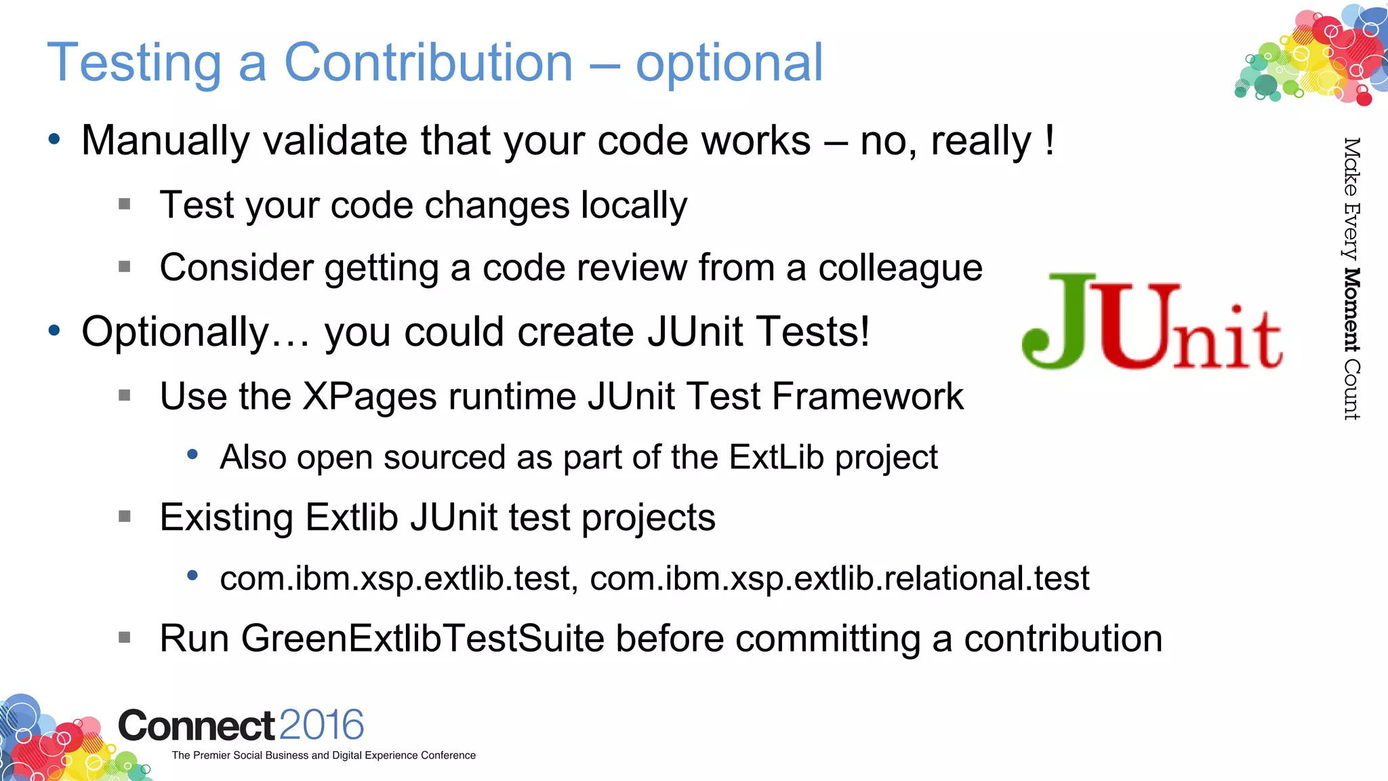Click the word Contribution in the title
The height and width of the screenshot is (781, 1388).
pos(428,62)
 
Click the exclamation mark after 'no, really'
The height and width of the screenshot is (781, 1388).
pos(1049,140)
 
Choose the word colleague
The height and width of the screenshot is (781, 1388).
pos(900,268)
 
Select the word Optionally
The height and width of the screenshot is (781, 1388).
pos(176,332)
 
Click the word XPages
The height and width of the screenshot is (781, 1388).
pos(369,397)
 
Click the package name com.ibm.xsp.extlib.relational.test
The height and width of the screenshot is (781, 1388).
pos(839,579)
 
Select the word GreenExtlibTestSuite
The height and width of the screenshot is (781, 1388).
pos(422,639)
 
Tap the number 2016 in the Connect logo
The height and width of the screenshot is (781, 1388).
pos(321,725)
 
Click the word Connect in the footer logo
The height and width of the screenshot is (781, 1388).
pos(197,726)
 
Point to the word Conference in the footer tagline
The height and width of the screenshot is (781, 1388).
pos(448,755)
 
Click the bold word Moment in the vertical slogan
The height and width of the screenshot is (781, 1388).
pos(1351,311)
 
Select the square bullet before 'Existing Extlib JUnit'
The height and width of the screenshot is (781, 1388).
pos(125,517)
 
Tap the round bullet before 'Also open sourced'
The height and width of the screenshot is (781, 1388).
pos(192,455)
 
